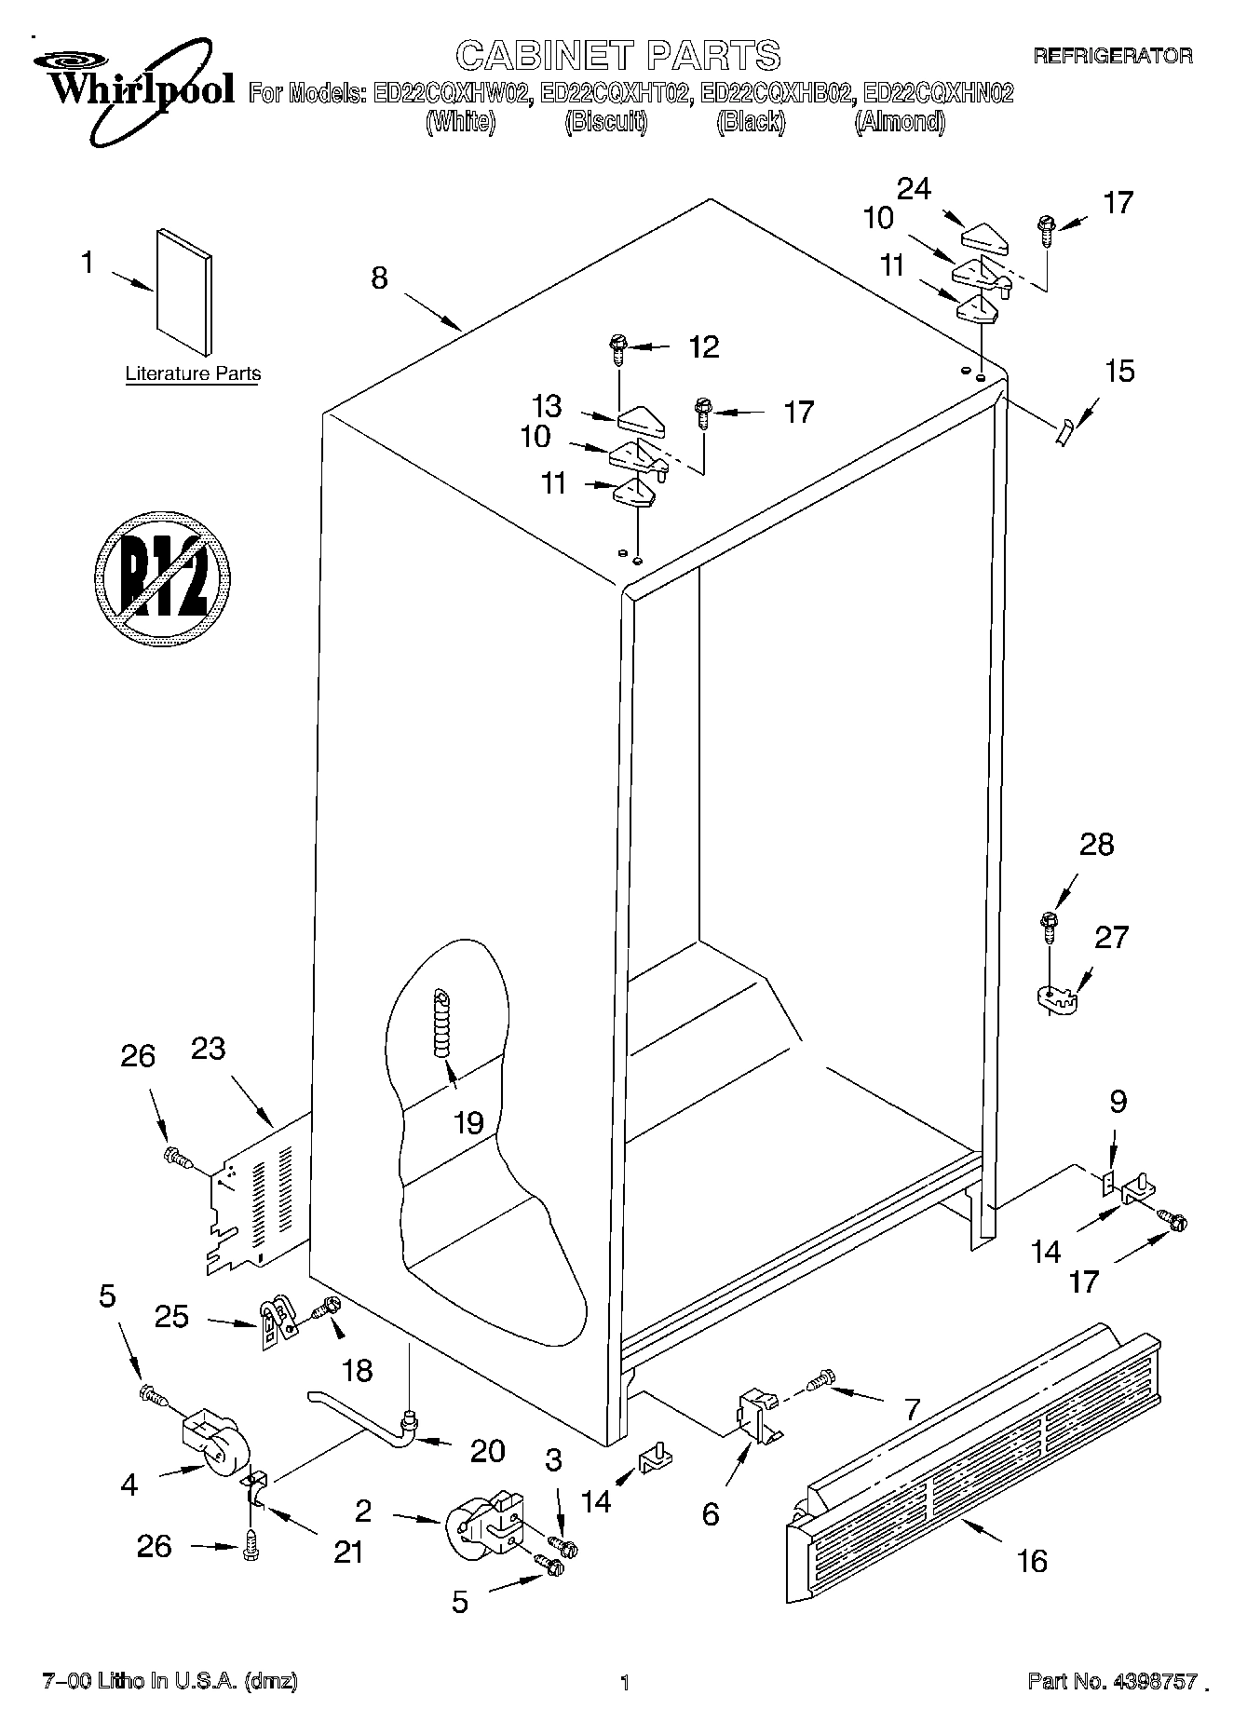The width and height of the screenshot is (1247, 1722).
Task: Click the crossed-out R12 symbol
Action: point(162,577)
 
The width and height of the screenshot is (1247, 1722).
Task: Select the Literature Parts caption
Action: point(193,374)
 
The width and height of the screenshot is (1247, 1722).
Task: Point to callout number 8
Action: point(379,278)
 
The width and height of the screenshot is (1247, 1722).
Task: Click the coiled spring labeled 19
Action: point(441,1023)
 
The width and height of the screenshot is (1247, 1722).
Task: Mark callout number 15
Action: point(1119,372)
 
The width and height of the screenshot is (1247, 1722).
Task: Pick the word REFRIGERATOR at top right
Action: point(1112,56)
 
